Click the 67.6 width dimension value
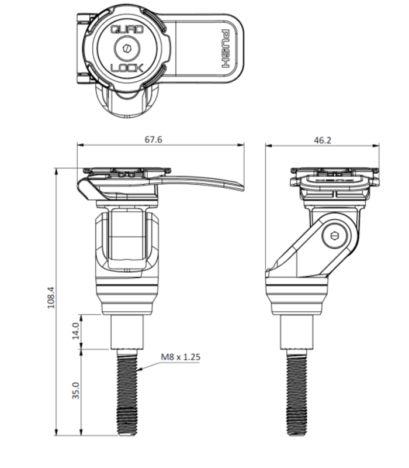154,139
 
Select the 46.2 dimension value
323,140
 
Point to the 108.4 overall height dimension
51,298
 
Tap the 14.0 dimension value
76,331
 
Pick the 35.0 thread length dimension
76,390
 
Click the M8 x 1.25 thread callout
181,357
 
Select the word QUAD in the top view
127,29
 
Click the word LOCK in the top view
127,68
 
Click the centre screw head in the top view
127,48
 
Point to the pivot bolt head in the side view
335,236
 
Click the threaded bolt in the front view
127,393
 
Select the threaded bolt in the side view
297,393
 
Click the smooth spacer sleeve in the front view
127,332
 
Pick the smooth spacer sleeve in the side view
297,332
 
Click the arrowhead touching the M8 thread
139,369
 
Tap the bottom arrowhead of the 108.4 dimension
56,432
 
